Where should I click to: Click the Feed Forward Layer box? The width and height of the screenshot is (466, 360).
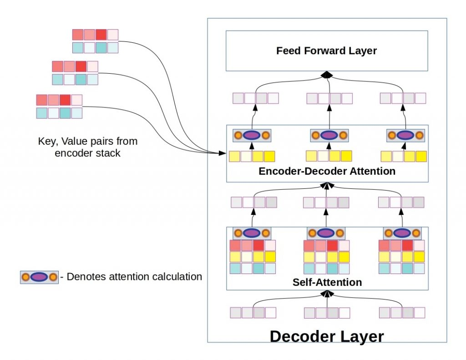(x=327, y=51)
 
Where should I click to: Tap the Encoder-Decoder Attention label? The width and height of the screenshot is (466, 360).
(x=327, y=172)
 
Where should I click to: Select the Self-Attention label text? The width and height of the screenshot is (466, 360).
(x=327, y=282)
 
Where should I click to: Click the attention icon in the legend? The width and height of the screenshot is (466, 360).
(x=39, y=277)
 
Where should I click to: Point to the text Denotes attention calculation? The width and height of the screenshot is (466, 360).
(x=134, y=276)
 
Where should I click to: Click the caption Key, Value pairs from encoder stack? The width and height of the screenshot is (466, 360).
(x=87, y=147)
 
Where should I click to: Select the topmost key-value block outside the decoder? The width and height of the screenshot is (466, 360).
(x=95, y=41)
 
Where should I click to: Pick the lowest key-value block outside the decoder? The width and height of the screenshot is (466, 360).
(x=59, y=106)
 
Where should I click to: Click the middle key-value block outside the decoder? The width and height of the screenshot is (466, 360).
(x=75, y=73)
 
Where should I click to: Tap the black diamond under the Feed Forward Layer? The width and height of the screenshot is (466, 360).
(x=326, y=74)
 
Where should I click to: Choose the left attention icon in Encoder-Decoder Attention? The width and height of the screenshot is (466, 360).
(x=252, y=135)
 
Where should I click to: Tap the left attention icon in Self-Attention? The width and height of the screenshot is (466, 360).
(x=252, y=233)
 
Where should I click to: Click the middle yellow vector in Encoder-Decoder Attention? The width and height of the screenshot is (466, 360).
(x=329, y=156)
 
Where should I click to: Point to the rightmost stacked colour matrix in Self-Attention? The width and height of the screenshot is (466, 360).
(x=401, y=257)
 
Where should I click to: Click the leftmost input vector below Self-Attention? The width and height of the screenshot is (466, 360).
(x=253, y=313)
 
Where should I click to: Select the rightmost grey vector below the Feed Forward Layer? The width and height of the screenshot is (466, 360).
(x=403, y=98)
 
